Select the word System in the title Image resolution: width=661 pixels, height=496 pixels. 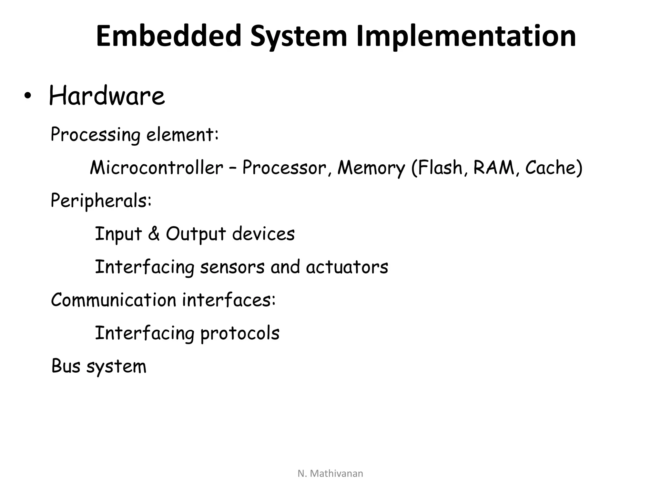(299, 36)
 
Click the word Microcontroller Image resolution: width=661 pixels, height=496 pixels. (157, 168)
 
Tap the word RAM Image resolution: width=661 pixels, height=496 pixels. (493, 168)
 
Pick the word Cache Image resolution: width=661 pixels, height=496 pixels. (551, 168)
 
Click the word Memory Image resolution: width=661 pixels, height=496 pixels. (371, 168)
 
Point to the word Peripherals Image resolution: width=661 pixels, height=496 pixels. (101, 201)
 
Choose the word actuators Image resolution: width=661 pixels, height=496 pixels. (347, 267)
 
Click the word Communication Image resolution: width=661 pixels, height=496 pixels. (114, 300)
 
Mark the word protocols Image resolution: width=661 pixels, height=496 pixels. (240, 333)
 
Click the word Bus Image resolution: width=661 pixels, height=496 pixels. (66, 366)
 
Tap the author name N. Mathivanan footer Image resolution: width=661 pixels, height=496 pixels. (330, 473)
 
